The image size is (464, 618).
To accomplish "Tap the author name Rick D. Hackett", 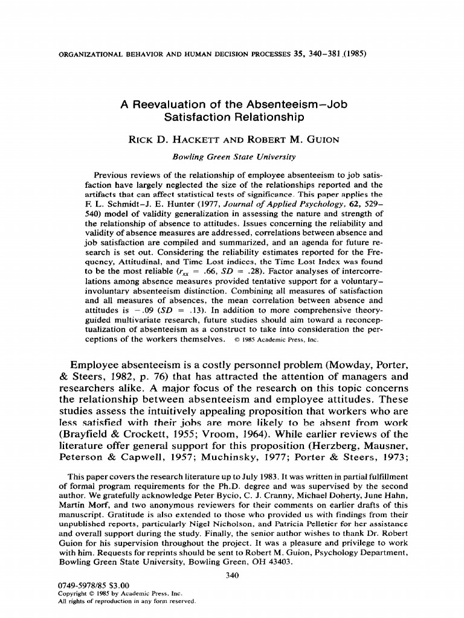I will pos(173,141).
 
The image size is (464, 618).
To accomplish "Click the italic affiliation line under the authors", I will pos(234,157).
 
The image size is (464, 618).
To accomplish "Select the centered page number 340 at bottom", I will pos(232,575).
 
